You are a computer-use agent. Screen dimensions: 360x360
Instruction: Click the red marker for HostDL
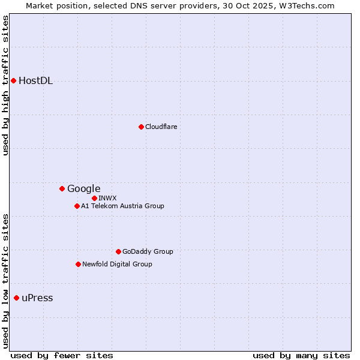[13, 80]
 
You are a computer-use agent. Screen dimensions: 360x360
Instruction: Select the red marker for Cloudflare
[141, 127]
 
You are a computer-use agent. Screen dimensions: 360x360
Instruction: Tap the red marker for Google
[62, 188]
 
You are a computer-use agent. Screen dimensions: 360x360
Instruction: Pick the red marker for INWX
[94, 198]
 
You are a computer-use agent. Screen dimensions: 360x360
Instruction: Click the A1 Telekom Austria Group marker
[77, 206]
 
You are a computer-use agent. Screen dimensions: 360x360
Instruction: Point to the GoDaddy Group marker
[118, 251]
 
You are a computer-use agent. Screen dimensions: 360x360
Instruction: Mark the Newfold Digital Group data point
[78, 264]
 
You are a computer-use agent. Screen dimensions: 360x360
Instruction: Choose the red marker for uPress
[16, 298]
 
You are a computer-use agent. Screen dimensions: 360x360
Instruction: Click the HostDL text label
[35, 81]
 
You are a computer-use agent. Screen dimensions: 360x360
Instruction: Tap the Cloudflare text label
[161, 127]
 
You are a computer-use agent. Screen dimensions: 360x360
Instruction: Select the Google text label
[83, 189]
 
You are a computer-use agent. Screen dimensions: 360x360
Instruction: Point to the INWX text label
[107, 198]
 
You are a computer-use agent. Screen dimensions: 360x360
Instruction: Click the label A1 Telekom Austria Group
[122, 206]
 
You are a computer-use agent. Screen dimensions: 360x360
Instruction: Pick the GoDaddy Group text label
[147, 251]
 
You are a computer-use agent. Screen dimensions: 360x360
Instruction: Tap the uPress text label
[37, 298]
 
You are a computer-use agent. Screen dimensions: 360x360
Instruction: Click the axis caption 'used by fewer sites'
[62, 355]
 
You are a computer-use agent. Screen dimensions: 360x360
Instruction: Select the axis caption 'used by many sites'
[301, 355]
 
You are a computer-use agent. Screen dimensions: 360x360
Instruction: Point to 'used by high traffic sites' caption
[5, 85]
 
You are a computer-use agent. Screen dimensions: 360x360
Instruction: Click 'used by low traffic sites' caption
[5, 281]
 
